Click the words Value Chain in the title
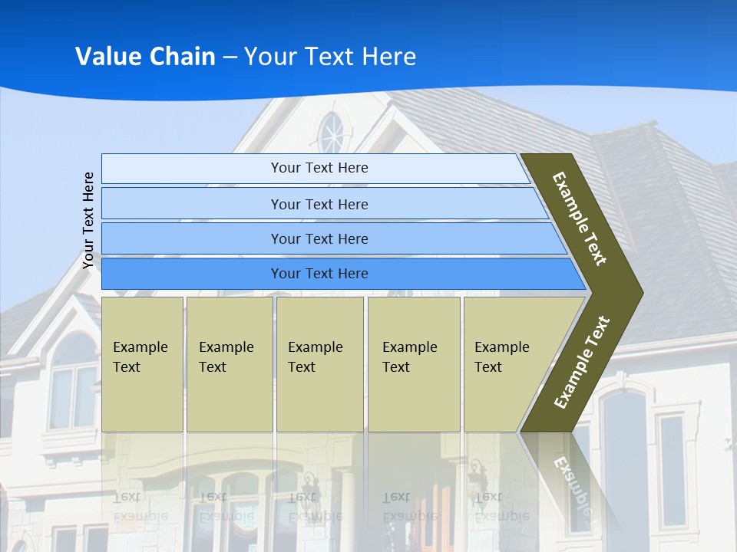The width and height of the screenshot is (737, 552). [145, 57]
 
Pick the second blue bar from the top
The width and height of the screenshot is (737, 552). [319, 204]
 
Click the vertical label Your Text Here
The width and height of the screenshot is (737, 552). [88, 220]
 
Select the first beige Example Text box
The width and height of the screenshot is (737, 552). [142, 364]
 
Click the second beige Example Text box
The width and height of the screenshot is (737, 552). [229, 364]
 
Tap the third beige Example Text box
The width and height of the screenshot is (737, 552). [319, 364]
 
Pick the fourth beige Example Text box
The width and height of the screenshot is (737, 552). [413, 364]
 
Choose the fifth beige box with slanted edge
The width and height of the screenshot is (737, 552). [507, 364]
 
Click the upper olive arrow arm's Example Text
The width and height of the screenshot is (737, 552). [580, 219]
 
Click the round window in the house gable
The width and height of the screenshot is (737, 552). [332, 133]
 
